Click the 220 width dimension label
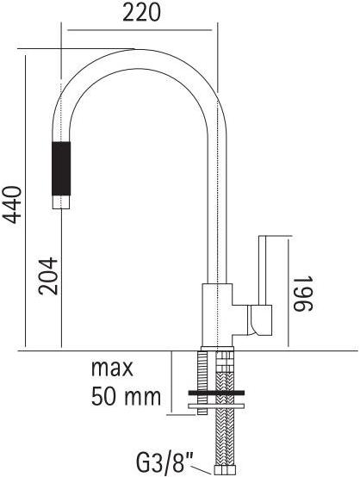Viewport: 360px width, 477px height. point(141,14)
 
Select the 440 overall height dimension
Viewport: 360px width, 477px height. point(12,205)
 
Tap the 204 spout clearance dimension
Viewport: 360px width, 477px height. point(48,276)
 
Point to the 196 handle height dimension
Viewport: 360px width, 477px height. point(303,294)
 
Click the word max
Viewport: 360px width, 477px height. point(112,369)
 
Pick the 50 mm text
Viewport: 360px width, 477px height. point(126,396)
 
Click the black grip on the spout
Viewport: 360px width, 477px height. point(61,168)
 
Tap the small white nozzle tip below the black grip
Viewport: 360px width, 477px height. point(61,202)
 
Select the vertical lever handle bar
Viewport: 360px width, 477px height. point(263,269)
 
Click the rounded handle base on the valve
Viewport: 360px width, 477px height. point(259,320)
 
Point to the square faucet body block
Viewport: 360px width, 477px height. point(217,315)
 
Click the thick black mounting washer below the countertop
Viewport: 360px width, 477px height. point(216,393)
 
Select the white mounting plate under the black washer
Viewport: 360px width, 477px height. point(216,406)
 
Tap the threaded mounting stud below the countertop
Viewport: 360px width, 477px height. point(202,382)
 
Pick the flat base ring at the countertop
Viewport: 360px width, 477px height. point(217,349)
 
